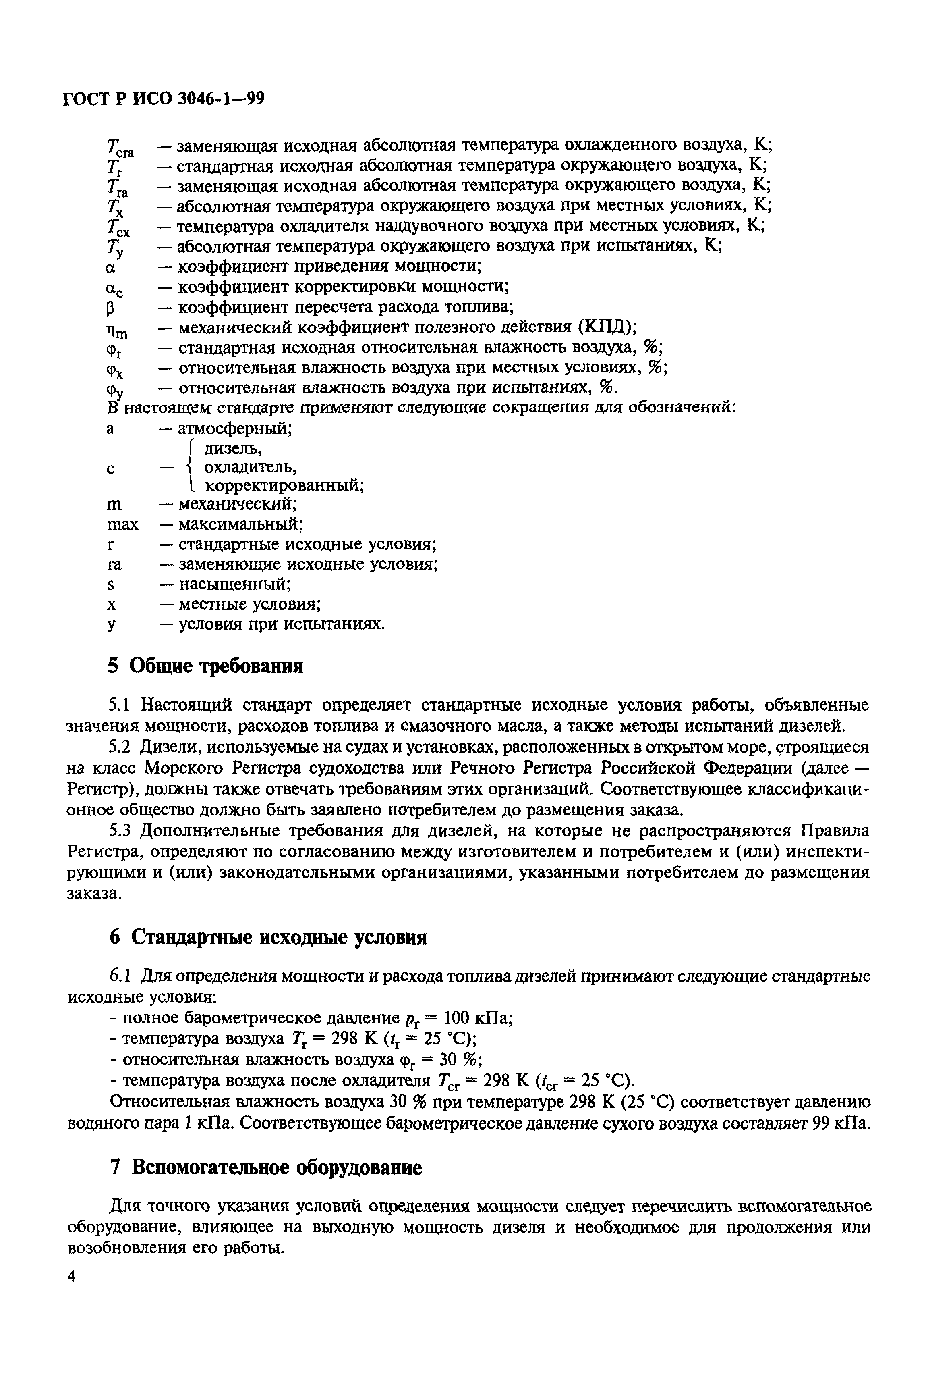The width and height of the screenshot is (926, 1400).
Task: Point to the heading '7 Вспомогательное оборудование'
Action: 266,1168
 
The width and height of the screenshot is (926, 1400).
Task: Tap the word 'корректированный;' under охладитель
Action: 284,486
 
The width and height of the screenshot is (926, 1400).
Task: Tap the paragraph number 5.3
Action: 119,831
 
